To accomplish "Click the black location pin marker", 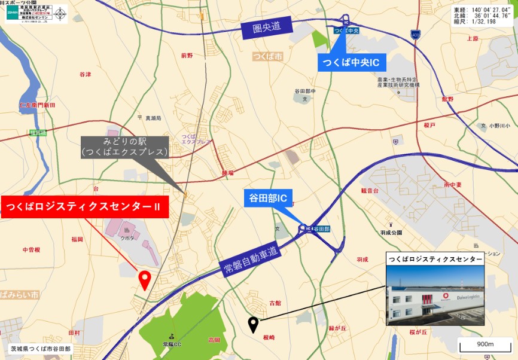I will tap(254, 325).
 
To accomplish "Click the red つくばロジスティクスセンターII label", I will tap(84, 207).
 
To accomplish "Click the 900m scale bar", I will tap(485, 345).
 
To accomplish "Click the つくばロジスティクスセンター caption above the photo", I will tap(434, 259).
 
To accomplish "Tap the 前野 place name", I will tap(187, 55).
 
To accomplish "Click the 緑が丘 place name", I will tap(338, 328).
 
